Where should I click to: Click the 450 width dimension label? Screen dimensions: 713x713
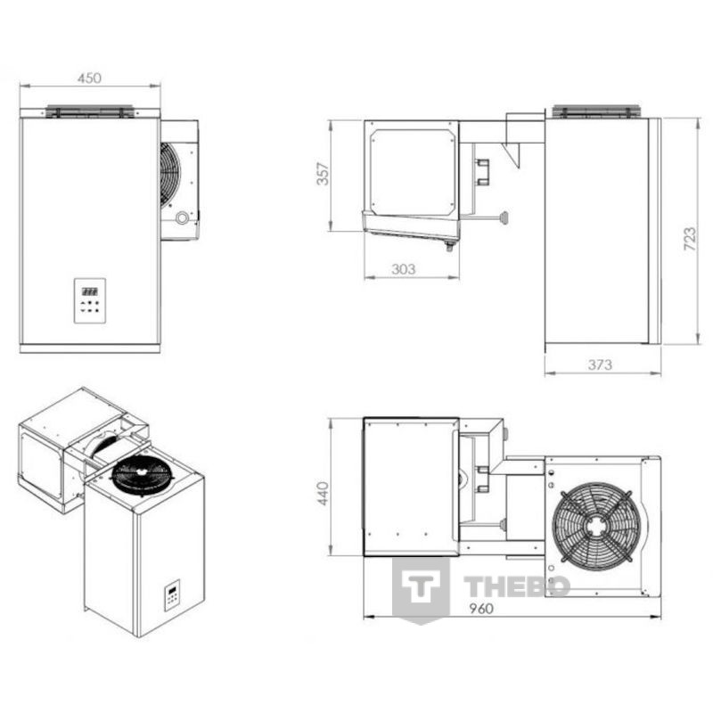point(89,78)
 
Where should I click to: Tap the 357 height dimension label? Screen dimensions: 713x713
point(323,174)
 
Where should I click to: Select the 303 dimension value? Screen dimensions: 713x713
point(404,269)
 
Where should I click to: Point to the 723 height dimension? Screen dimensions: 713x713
point(690,239)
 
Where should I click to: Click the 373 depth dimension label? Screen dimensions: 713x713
point(600,365)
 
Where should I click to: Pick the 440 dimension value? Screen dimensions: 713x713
point(323,494)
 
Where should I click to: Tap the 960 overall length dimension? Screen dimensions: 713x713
point(481,609)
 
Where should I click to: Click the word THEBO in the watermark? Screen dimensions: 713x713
point(517,586)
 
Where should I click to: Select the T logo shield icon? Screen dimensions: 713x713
point(421,590)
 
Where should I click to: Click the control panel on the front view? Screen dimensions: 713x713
point(90,300)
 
